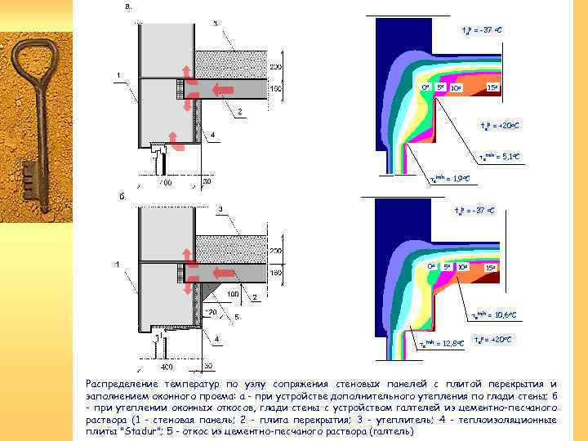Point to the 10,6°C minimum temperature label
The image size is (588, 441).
tap(495, 314)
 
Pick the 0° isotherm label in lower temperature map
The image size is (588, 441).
tap(431, 266)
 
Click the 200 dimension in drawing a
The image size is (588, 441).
tap(275, 66)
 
